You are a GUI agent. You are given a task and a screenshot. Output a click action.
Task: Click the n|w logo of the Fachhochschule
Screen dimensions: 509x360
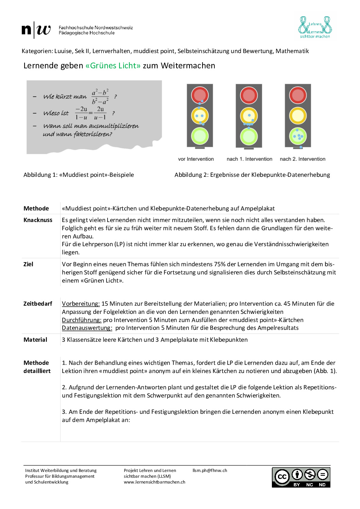[36, 30]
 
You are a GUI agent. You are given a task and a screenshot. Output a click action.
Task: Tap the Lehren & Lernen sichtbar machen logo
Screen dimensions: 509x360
[315, 27]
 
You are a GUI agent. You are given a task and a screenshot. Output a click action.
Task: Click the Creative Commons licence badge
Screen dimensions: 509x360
[301, 477]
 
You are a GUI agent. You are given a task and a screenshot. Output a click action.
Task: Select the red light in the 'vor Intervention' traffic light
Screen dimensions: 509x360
[200, 95]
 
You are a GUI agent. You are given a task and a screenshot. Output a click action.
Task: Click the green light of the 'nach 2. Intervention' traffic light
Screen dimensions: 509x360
[298, 136]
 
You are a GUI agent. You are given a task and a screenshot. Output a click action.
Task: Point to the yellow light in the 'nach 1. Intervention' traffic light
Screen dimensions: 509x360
[249, 116]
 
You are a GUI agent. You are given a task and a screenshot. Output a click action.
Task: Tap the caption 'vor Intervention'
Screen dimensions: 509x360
[196, 159]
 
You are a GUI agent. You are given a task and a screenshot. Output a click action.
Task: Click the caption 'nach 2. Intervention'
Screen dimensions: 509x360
[302, 159]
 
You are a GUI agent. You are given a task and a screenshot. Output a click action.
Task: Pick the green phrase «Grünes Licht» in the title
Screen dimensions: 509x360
[113, 66]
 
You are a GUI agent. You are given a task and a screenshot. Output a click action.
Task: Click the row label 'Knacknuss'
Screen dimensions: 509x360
[38, 220]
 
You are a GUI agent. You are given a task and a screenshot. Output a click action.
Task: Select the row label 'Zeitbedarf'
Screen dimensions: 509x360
[38, 304]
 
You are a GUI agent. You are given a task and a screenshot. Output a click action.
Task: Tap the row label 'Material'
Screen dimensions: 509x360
[35, 340]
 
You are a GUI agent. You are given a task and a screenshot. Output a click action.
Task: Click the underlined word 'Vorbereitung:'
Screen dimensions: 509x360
[81, 304]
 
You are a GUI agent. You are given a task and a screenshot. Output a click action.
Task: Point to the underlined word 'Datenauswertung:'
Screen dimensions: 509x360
[87, 328]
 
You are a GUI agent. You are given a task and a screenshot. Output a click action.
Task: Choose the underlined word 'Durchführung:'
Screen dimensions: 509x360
[81, 320]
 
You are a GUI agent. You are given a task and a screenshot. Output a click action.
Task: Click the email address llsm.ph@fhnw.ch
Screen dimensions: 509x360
[210, 471]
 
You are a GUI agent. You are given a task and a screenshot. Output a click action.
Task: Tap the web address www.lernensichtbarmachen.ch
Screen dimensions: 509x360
[154, 482]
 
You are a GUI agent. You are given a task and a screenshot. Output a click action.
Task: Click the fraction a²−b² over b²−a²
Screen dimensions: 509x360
[100, 97]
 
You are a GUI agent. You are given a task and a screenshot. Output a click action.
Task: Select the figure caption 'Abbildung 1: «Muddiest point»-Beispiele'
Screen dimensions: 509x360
[79, 175]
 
